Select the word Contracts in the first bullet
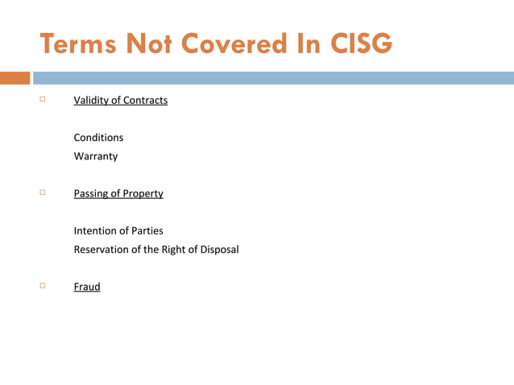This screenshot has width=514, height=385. pos(144,101)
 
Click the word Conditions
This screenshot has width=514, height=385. pos(98,138)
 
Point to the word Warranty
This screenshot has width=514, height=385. pos(96,156)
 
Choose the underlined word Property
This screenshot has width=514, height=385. pos(142,193)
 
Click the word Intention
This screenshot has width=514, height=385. pos(97,230)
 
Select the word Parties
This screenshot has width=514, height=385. pos(146,230)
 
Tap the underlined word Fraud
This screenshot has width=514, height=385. pos(87,286)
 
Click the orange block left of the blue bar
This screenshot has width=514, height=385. pos(15,78)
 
